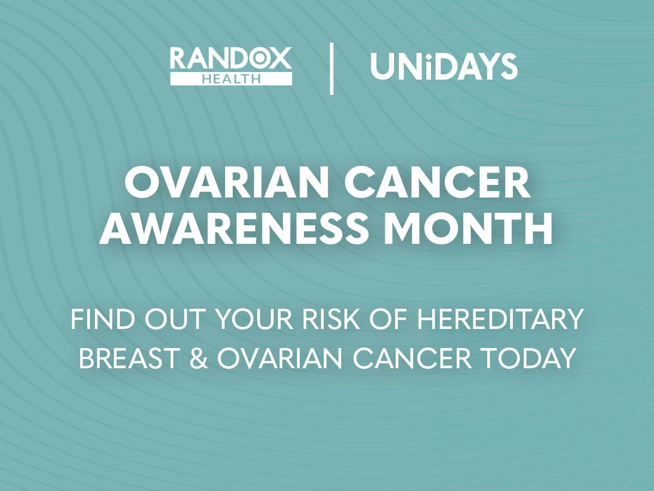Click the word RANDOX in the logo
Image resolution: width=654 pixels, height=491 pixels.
(x=231, y=58)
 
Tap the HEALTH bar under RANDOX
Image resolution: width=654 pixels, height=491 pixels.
(x=231, y=79)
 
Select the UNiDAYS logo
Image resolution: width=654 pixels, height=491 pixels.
(x=444, y=67)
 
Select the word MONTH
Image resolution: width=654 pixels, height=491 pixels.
(x=468, y=229)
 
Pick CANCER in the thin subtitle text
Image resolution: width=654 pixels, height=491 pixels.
(x=415, y=358)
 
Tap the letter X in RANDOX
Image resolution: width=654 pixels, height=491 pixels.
(x=280, y=58)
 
